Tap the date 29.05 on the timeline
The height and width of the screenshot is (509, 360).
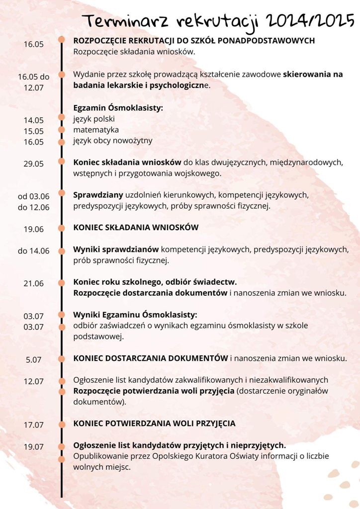[33, 164]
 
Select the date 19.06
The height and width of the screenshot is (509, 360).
[33, 229]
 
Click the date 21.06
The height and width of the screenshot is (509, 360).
[33, 283]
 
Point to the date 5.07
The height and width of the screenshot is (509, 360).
[33, 359]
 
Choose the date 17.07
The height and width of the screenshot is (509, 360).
[33, 425]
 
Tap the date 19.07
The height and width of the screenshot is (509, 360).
[33, 446]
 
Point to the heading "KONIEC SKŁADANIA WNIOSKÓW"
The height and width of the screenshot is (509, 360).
[136, 228]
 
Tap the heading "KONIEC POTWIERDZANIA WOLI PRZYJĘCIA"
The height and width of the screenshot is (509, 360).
[154, 424]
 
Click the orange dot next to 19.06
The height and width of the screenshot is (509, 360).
[62, 228]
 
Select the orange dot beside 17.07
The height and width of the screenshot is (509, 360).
[62, 424]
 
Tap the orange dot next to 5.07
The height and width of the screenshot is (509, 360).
[62, 358]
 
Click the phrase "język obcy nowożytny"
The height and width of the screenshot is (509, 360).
[112, 141]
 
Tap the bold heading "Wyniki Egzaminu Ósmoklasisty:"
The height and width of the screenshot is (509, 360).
[135, 315]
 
